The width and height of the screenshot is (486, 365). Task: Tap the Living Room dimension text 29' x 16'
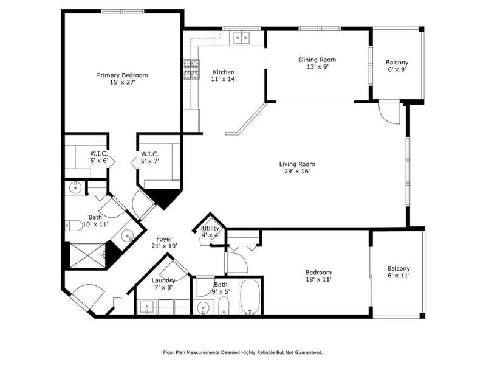pos(297,171)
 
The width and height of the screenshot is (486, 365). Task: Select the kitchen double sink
pos(241,38)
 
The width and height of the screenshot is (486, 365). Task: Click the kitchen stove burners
pos(191,69)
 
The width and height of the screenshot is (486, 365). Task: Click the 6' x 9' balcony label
pos(397,66)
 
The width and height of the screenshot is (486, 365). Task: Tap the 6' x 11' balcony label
pos(399,272)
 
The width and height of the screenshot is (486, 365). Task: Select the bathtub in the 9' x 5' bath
pos(250,297)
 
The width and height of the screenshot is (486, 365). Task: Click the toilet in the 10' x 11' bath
pos(74,226)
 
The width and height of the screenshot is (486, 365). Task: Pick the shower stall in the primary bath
pos(88,255)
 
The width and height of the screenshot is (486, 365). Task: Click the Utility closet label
pos(210,232)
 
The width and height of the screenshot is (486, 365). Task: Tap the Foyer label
pos(164,242)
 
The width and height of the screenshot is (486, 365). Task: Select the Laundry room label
pos(163,283)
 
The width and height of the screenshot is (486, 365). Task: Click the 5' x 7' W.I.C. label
pos(150,158)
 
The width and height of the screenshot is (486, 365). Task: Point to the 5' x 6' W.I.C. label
pos(99,157)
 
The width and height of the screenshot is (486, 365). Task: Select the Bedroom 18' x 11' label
pos(318,276)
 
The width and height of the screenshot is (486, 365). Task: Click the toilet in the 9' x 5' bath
pos(224,305)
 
